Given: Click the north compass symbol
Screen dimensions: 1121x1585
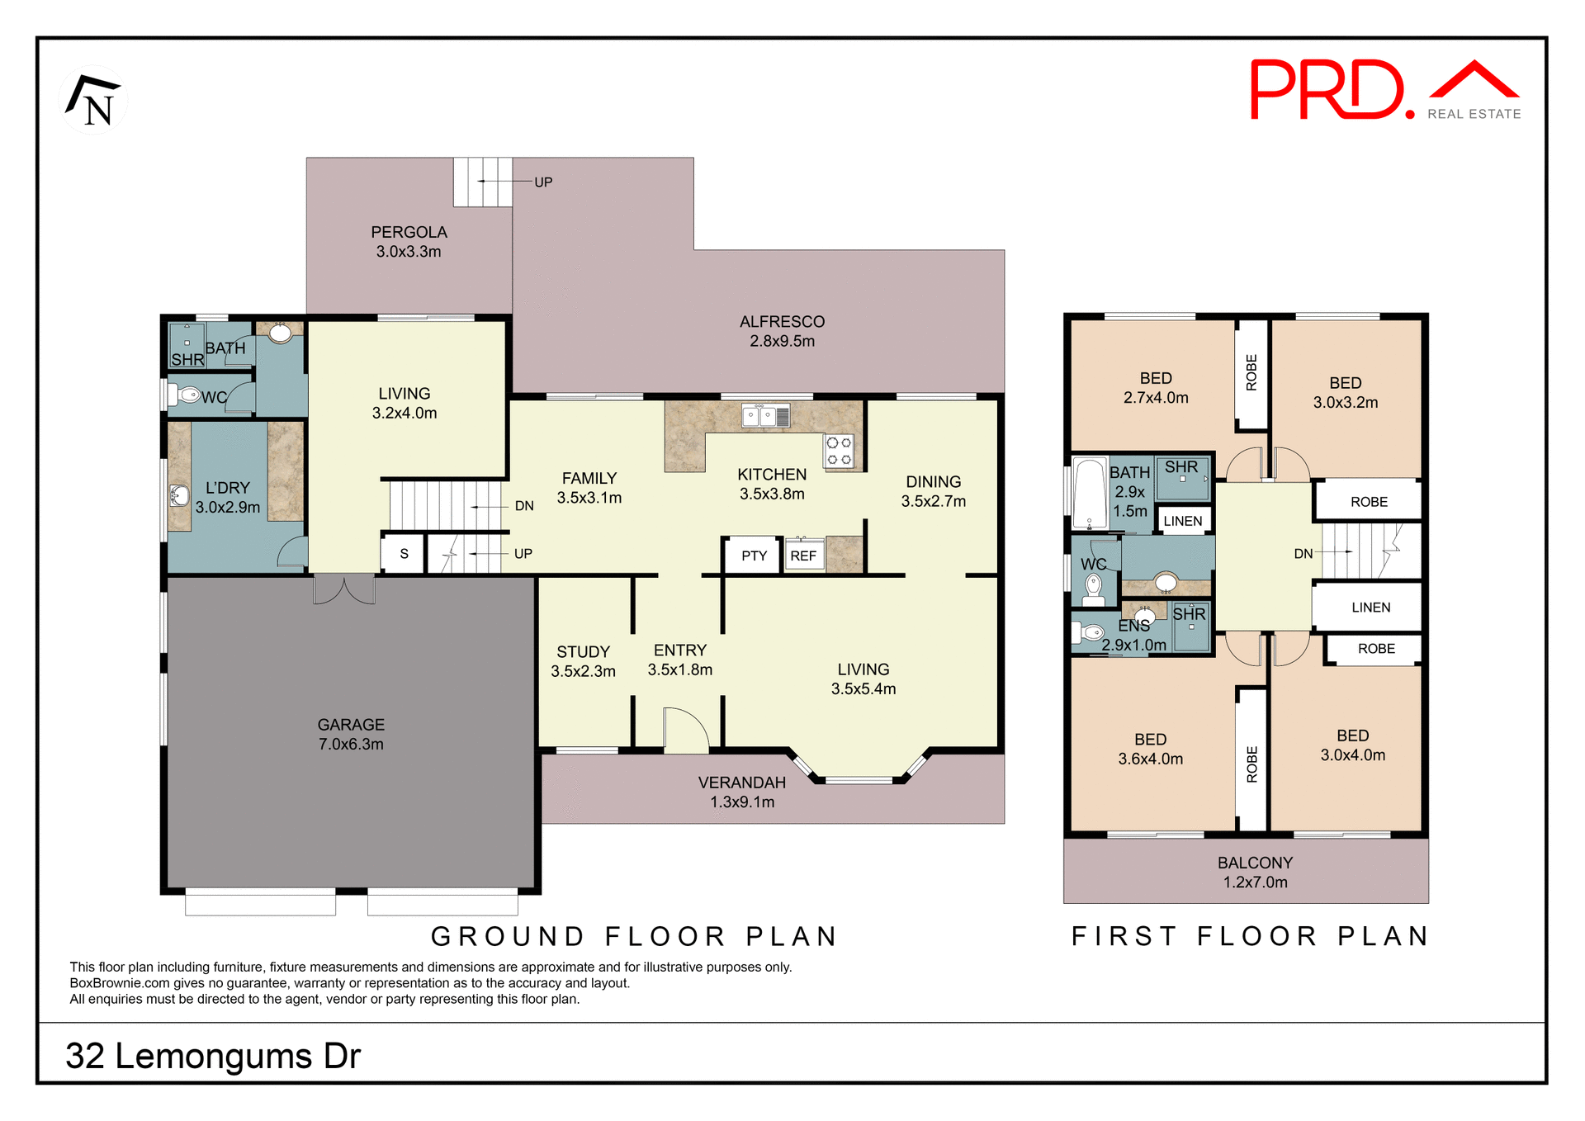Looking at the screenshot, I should coord(94,101).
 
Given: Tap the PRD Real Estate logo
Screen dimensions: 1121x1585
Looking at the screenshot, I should coord(1384,90).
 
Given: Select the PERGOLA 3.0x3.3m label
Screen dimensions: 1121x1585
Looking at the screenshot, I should coord(409,242).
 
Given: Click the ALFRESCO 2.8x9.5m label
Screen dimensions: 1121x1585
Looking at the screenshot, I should coord(782,331).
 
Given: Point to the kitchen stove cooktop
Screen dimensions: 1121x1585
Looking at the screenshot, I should coord(839,451).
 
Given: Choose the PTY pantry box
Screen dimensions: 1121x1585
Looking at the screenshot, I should coord(754,556).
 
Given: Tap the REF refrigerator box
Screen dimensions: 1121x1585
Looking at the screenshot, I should coord(803,556).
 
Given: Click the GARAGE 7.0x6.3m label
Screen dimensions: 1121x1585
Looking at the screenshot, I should coord(351,734).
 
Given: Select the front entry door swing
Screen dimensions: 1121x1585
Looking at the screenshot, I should coord(685,731).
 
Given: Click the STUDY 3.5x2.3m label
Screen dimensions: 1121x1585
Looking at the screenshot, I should coord(583,661).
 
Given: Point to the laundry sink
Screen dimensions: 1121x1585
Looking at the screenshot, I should coord(179,496).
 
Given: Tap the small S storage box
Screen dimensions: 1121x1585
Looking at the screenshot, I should coord(404,554).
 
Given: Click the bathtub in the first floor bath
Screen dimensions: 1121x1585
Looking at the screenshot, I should coord(1090,493).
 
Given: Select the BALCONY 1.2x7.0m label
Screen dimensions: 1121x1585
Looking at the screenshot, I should coord(1255,872).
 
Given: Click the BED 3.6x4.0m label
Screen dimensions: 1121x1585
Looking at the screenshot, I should coord(1150,749).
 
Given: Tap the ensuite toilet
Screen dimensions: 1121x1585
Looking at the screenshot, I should coord(1089,633).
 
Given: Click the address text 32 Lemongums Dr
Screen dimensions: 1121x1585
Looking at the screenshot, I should coord(213,1056).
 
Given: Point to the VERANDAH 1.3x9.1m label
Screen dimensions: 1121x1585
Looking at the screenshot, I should coord(742,792).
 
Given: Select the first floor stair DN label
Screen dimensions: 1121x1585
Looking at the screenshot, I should coord(1303,554).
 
